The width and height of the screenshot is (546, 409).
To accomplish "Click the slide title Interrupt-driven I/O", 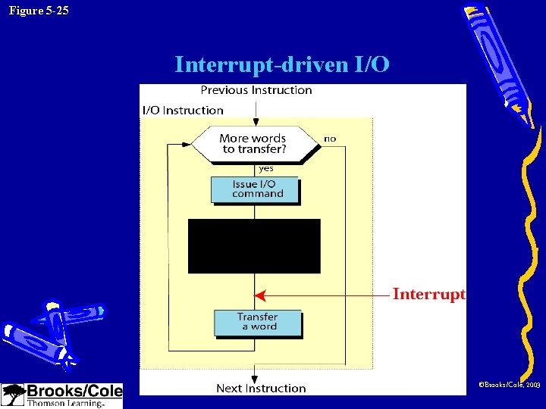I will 282,65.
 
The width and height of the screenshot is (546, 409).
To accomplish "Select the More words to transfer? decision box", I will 253,144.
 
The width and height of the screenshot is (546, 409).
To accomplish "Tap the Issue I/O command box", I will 255,189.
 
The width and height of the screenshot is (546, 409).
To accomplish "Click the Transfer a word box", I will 258,322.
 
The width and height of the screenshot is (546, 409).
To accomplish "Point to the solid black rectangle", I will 254,246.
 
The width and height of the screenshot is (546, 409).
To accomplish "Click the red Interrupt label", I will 428,294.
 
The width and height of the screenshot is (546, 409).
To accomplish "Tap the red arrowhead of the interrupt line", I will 259,295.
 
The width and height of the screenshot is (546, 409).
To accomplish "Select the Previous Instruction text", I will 256,90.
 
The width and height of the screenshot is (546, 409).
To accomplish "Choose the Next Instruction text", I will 261,389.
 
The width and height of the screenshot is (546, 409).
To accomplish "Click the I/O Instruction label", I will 183,111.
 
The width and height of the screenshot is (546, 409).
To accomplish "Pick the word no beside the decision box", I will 330,139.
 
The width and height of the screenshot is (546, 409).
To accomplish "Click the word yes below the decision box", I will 265,169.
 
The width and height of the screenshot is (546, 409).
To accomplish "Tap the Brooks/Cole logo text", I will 74,392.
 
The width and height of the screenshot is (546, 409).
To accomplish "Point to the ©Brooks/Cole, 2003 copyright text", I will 508,386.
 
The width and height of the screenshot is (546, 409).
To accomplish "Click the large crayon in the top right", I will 500,64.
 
